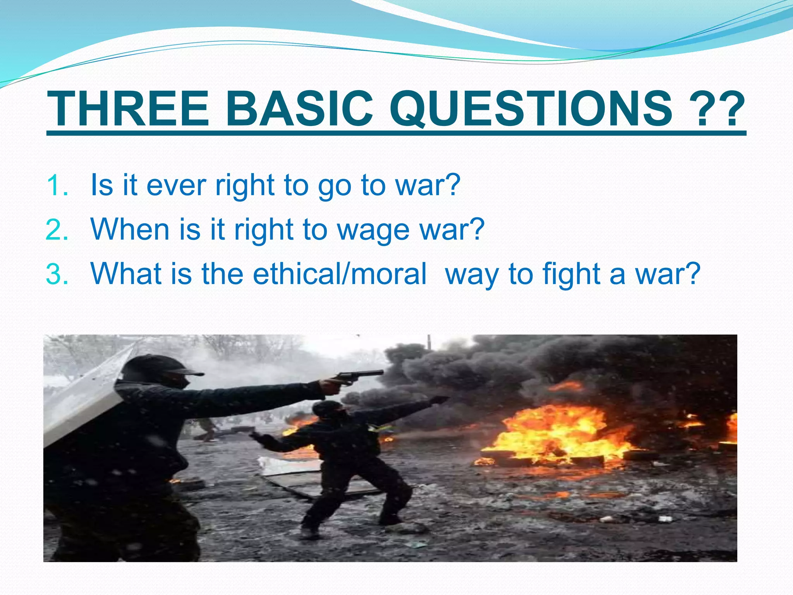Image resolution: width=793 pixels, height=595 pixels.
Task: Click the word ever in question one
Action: point(176,186)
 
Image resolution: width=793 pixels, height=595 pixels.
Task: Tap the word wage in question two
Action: point(373,231)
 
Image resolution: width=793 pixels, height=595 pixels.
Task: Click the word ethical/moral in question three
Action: point(340,274)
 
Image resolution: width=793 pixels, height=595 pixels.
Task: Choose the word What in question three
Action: point(125,274)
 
